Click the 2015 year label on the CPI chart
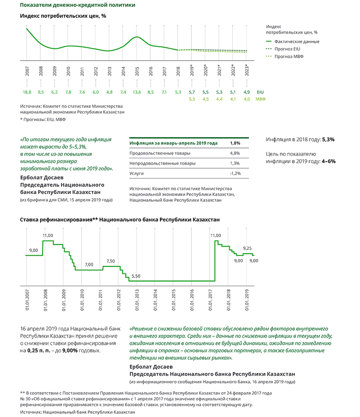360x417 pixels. click(137, 70)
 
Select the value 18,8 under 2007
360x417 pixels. click(27, 92)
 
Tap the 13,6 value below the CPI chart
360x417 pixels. click(137, 92)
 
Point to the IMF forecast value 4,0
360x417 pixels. click(247, 99)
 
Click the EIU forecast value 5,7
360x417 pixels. click(192, 92)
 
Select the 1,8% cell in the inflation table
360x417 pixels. click(234, 143)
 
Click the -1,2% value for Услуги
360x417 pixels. click(235, 173)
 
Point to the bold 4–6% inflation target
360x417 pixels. click(328, 161)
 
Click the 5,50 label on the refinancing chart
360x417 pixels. click(136, 276)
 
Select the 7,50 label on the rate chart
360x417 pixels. click(111, 261)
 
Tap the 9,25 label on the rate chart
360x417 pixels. click(248, 248)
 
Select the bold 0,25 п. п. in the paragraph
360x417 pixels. click(39, 350)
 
